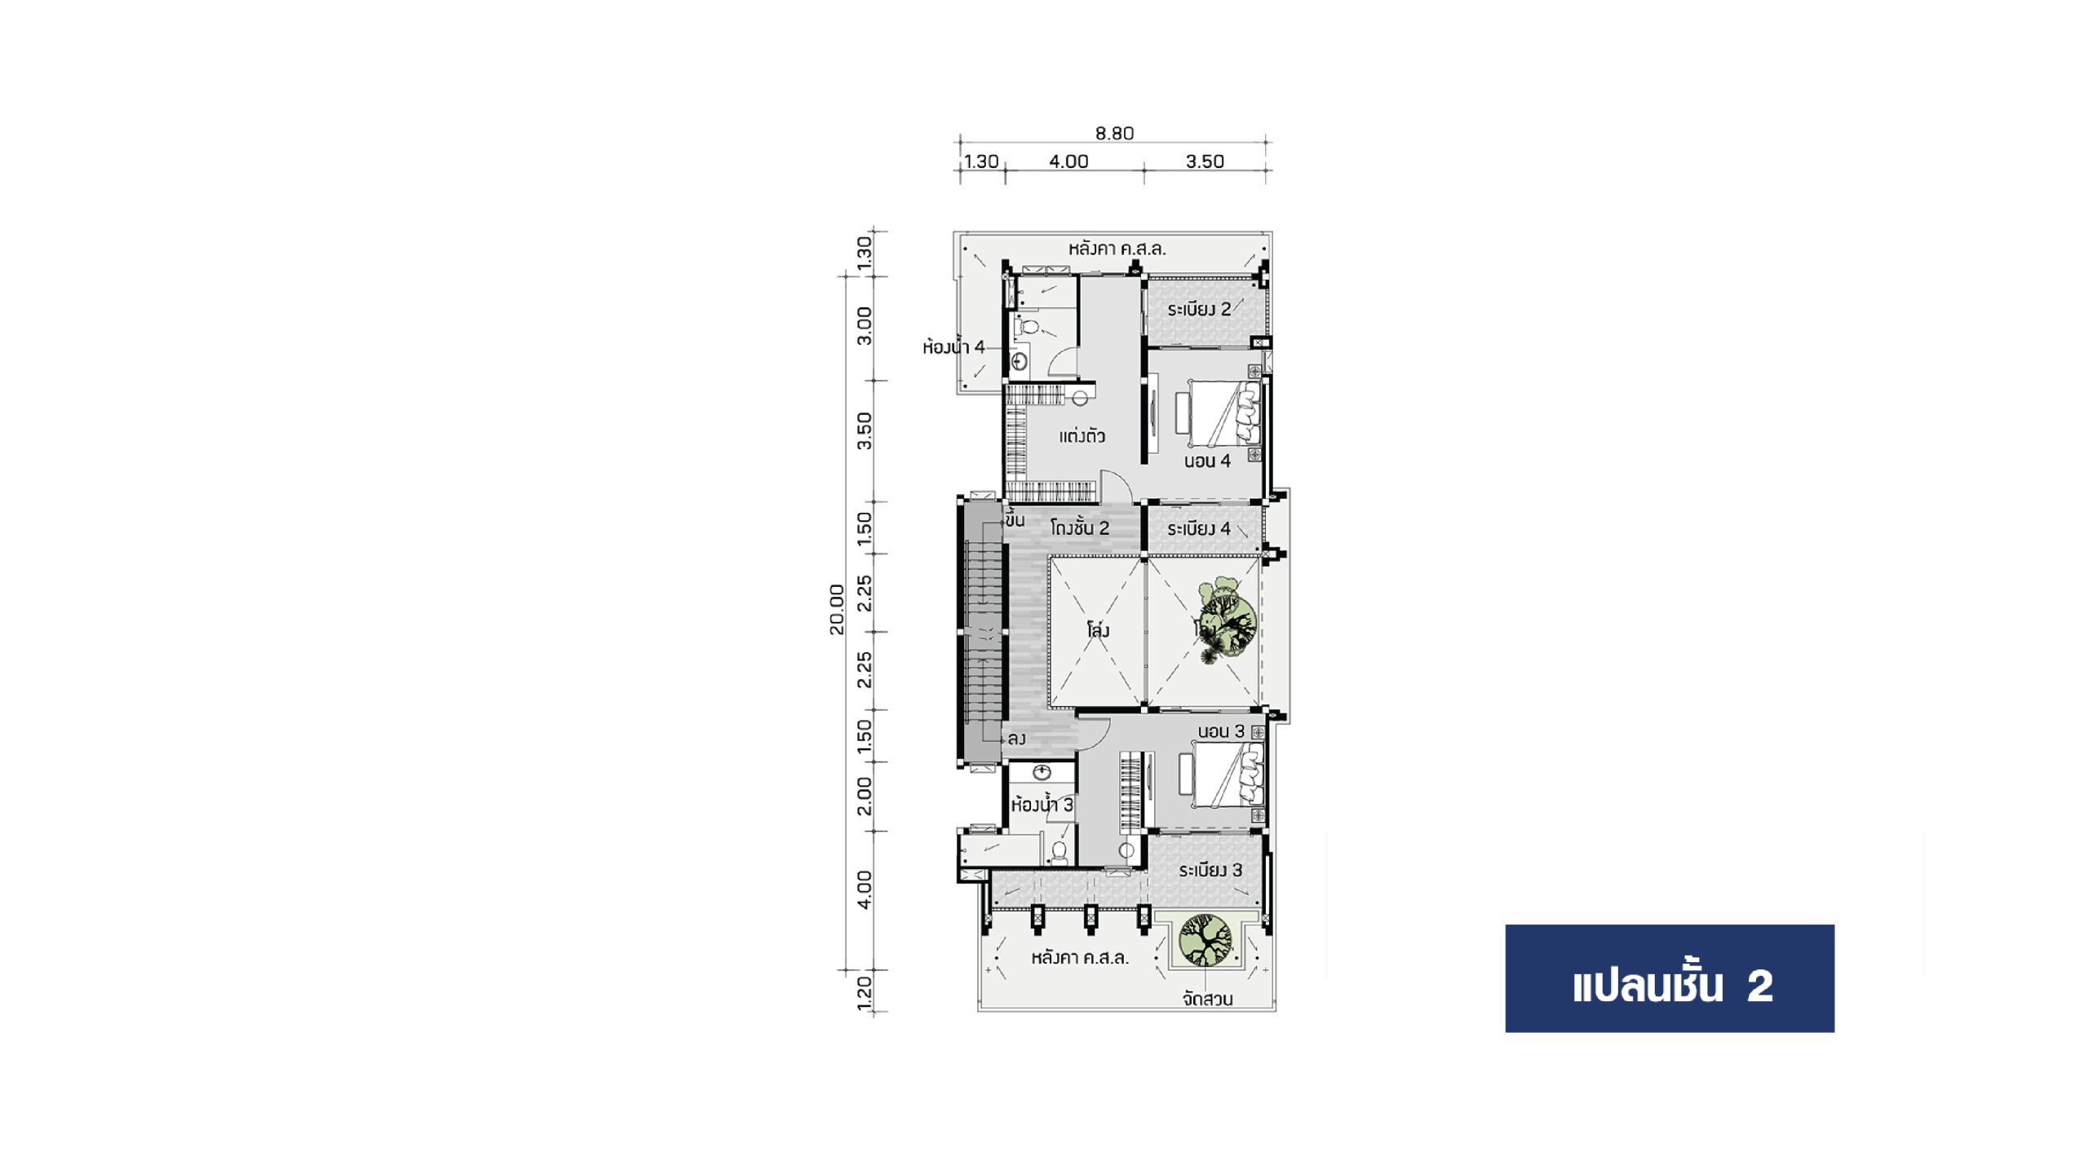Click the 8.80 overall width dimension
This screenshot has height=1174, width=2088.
click(x=1114, y=133)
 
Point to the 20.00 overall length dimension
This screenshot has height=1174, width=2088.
click(x=837, y=609)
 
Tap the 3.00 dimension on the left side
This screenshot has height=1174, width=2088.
click(x=865, y=326)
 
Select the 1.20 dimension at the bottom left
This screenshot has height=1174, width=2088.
click(x=865, y=992)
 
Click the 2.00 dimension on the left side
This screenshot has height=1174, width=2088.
click(x=865, y=796)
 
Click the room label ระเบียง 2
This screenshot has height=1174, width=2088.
click(x=1199, y=309)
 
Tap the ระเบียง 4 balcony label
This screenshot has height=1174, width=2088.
click(x=1199, y=528)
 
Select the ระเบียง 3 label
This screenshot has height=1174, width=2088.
click(x=1210, y=870)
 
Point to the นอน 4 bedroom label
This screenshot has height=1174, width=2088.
click(x=1207, y=461)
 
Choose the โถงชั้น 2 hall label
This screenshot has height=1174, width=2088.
click(x=1080, y=527)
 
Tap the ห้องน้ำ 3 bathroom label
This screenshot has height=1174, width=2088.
click(x=1042, y=805)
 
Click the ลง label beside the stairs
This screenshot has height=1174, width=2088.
click(x=1016, y=739)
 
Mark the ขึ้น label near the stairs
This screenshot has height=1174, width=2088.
click(x=1015, y=519)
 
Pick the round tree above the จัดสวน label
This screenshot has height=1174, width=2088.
click(x=1205, y=940)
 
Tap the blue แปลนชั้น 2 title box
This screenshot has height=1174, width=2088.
click(x=1670, y=978)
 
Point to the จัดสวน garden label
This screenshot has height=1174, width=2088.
click(x=1208, y=999)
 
